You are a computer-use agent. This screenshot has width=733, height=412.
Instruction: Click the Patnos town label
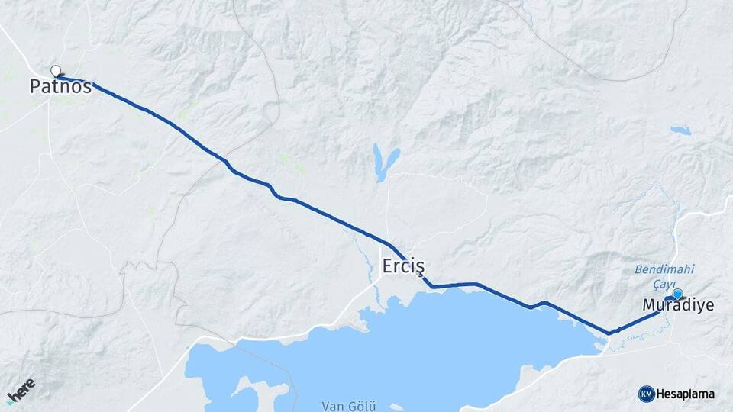pos(60,87)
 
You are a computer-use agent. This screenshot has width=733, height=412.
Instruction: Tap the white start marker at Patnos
pos(55,71)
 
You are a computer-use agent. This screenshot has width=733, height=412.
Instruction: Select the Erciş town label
pos(402,266)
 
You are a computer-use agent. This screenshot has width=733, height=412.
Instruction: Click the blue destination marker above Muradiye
pos(677,294)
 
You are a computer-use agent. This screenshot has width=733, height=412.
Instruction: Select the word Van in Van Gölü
pos(334,405)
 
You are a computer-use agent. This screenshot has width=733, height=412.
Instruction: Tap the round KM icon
pos(646,394)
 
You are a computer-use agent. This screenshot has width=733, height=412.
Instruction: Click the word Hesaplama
pos(685,394)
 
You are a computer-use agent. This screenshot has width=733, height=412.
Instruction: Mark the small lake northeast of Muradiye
pos(680,130)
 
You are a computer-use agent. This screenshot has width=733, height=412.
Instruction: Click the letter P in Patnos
pos(35,87)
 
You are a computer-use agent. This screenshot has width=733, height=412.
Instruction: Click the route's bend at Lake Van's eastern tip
pos(609,333)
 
